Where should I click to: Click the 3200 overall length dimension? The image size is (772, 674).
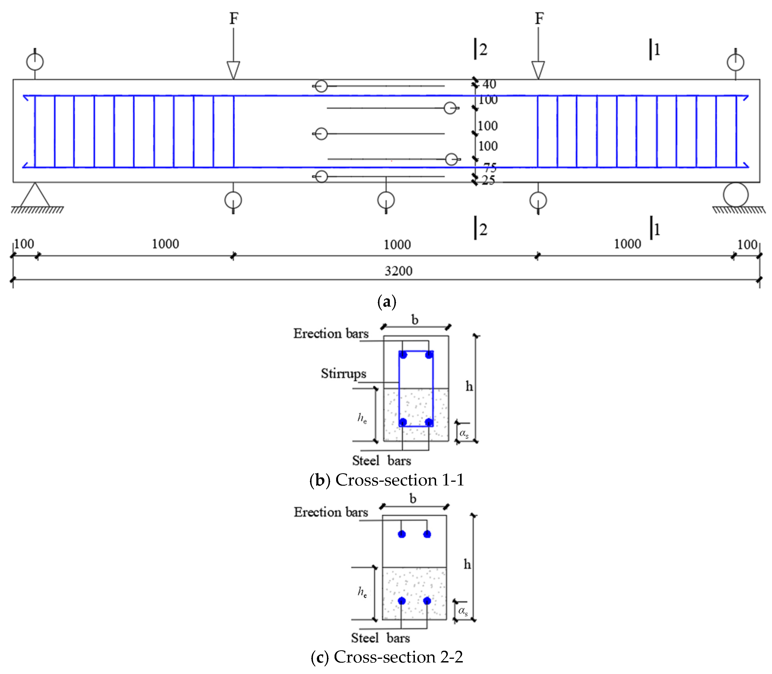[398, 271]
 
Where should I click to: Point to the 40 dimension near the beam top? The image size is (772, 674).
[489, 84]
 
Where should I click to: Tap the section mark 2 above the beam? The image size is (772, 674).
[483, 50]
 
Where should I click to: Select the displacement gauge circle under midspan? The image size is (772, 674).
[386, 200]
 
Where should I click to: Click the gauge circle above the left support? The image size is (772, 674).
[35, 62]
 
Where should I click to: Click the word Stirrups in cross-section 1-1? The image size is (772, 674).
[343, 373]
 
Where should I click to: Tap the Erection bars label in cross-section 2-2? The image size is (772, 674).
[331, 512]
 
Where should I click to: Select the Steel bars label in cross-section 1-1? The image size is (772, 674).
[381, 460]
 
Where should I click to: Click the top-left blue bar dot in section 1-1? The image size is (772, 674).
[403, 355]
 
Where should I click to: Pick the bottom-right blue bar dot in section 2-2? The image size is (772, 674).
[427, 601]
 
